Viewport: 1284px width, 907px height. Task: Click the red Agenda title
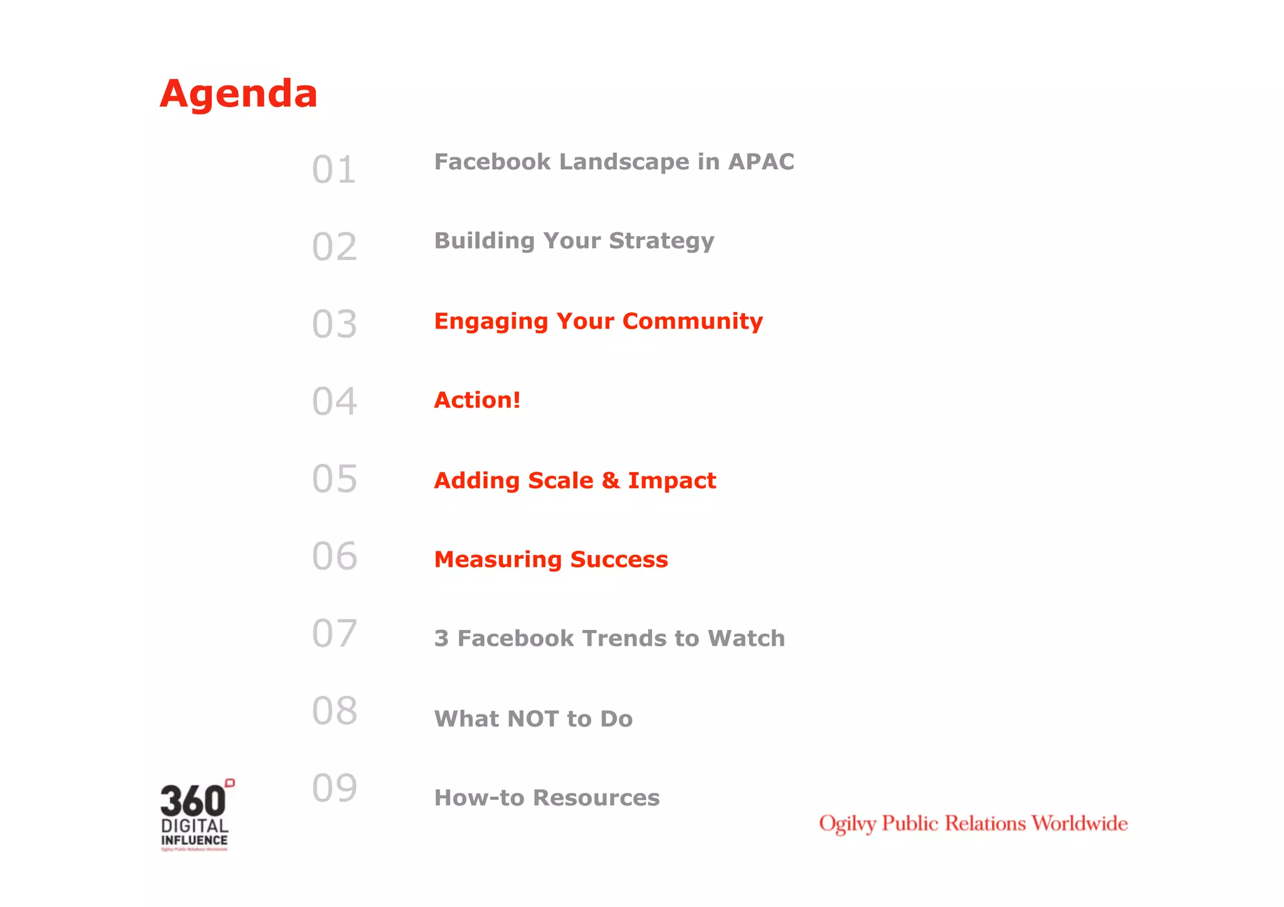[x=238, y=94]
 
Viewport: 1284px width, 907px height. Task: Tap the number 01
[x=334, y=170]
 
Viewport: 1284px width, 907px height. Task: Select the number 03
[x=334, y=324]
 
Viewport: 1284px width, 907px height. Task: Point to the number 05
[x=334, y=479]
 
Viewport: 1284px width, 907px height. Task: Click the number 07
[x=334, y=633]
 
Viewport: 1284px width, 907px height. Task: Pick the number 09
[x=334, y=788]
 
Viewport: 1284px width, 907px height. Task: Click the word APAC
[x=761, y=162]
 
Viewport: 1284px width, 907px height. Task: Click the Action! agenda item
[x=477, y=400]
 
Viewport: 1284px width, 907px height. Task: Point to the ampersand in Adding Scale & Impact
[x=610, y=481]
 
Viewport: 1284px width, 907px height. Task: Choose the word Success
[x=619, y=559]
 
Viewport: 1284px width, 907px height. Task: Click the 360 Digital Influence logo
[x=196, y=815]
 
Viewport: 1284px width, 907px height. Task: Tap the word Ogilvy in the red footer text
[x=847, y=824]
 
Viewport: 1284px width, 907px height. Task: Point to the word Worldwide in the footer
[x=1079, y=823]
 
